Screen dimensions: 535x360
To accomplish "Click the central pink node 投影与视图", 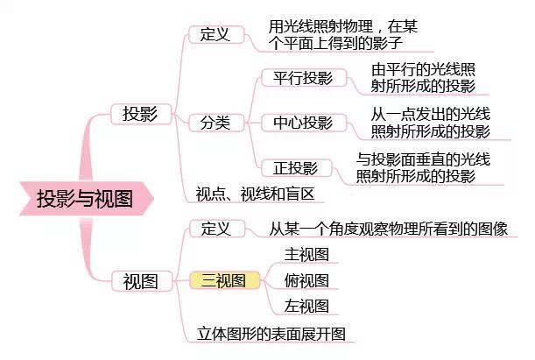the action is click(86, 199).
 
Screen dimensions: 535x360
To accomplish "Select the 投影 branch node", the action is click(141, 114).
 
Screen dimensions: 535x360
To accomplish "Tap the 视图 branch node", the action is click(142, 281).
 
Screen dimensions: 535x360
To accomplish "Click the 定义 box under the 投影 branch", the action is click(216, 34).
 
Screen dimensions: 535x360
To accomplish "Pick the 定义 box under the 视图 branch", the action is click(217, 229).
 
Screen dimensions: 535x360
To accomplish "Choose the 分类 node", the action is click(216, 123).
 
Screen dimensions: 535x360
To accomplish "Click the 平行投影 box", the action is click(304, 78).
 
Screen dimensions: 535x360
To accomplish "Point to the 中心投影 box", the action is click(304, 123).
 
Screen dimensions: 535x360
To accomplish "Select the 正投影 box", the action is click(296, 168).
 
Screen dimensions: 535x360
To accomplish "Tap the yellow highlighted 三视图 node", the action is click(224, 280).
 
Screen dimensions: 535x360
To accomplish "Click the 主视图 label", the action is click(306, 255).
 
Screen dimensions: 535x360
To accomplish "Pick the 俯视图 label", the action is click(306, 280).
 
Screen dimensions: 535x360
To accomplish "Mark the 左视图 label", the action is click(306, 306).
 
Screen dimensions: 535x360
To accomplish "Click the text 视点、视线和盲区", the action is click(255, 194).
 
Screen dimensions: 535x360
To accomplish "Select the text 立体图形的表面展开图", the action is click(271, 334).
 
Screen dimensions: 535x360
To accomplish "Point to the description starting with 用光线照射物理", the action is click(343, 35).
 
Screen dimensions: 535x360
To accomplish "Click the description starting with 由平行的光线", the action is click(423, 78).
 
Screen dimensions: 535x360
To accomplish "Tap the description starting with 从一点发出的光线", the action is click(431, 123).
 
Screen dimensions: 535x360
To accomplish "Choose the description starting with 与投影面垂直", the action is click(423, 168).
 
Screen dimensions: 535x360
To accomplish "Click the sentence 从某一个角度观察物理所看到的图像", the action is click(389, 229).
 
